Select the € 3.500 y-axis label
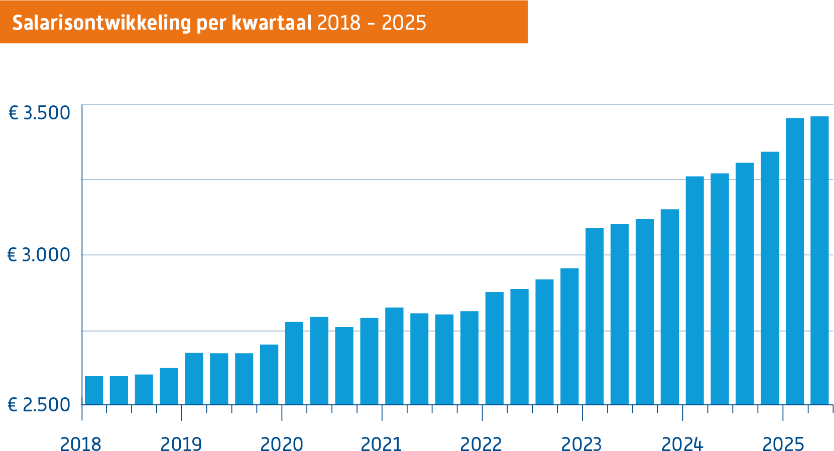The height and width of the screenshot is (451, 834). tap(39, 113)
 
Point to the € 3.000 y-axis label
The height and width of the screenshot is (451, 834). tap(39, 255)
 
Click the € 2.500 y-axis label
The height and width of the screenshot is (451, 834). tap(39, 405)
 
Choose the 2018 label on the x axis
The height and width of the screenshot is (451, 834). tap(80, 444)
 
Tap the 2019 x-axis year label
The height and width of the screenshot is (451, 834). tap(181, 444)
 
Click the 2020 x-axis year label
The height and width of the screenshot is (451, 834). tap(281, 444)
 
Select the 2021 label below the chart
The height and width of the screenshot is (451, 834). tap(381, 444)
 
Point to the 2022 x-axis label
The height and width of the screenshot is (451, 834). tap(481, 444)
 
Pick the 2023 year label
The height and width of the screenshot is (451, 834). tap(581, 444)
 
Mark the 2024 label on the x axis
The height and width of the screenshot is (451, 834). tap(682, 444)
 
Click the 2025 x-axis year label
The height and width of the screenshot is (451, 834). tap(783, 444)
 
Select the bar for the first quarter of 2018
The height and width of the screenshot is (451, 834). tap(94, 390)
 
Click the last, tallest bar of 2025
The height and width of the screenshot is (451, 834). tap(819, 261)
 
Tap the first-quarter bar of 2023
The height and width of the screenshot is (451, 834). tap(594, 316)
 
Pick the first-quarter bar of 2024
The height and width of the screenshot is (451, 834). tap(694, 291)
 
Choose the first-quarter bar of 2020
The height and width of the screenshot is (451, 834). tap(294, 363)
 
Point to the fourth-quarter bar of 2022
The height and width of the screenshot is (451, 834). tap(569, 336)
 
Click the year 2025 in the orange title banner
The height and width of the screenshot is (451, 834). tap(404, 23)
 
